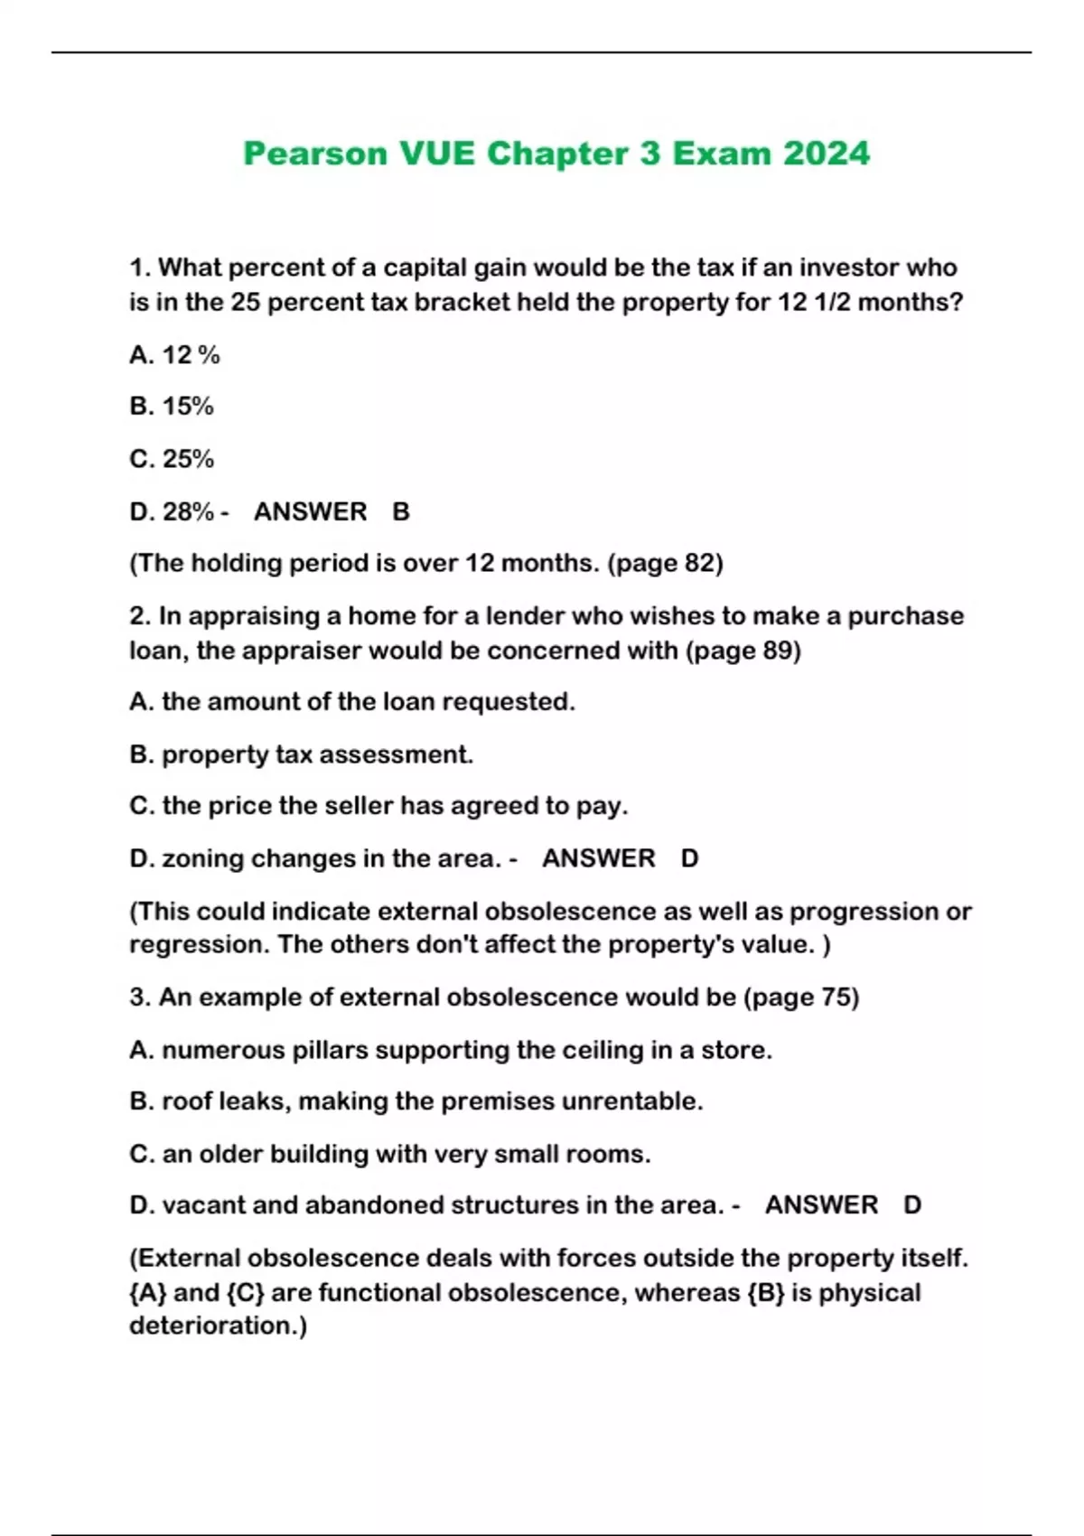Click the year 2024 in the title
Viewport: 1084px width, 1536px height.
tap(826, 154)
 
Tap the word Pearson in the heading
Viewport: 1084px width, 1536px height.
tap(315, 154)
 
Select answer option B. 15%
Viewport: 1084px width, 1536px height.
tap(172, 407)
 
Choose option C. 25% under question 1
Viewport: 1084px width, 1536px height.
tap(172, 459)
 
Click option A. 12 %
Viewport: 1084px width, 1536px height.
tap(174, 355)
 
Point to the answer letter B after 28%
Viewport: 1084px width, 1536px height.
tap(401, 511)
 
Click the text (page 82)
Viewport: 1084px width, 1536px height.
tap(666, 563)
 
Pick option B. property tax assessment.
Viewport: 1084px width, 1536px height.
tap(301, 754)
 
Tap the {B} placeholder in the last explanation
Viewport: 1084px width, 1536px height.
tap(766, 1292)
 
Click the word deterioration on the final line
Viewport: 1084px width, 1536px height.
tap(215, 1325)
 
